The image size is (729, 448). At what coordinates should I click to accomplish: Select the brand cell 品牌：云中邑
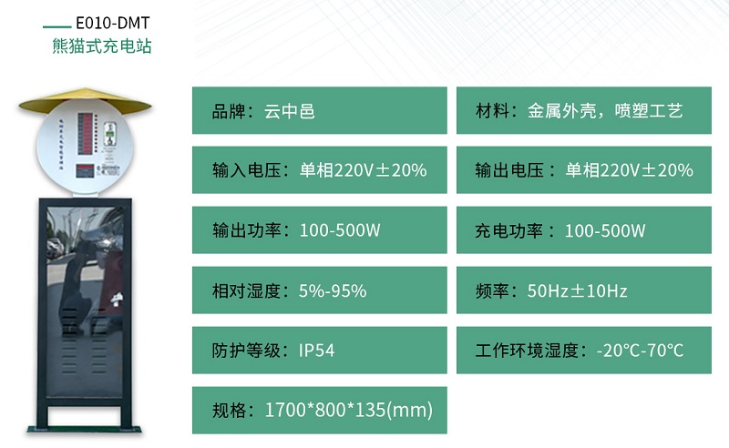319,111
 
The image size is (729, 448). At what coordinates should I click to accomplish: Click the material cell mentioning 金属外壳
584,111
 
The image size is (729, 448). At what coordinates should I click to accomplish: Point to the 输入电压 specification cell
319,170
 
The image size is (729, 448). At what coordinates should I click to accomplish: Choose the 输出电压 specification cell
584,170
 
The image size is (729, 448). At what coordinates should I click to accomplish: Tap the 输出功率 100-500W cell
319,230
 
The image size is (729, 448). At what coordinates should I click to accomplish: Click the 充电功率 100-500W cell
584,230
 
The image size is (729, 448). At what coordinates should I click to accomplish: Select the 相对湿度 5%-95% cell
319,290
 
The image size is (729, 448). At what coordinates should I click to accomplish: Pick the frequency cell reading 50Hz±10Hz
584,290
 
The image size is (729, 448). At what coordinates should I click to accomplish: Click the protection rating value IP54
317,351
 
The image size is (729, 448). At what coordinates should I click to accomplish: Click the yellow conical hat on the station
84,101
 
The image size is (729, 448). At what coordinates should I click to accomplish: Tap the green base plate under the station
84,427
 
